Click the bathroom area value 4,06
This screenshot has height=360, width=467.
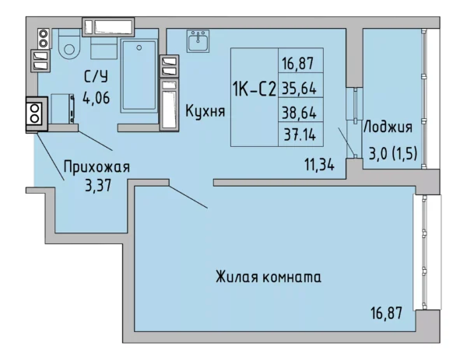[95, 99]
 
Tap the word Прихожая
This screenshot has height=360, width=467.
[97, 166]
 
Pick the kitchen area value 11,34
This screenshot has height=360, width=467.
[320, 163]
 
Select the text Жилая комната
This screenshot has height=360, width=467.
[269, 276]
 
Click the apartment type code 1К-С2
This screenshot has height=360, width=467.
[253, 89]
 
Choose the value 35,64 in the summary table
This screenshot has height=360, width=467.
[300, 87]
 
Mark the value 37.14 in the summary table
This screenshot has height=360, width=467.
[300, 134]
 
